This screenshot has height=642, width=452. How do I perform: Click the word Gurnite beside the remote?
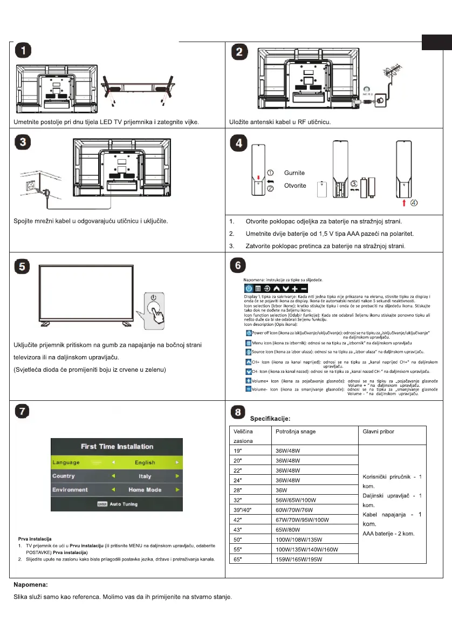coord(295,173)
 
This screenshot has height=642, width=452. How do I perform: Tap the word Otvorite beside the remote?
coord(295,186)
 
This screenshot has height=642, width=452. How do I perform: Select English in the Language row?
coord(145,462)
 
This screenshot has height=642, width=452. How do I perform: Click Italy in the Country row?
coord(145,476)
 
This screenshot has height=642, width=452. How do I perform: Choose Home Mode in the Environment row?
coord(145,490)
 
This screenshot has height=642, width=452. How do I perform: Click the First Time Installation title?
coord(117,447)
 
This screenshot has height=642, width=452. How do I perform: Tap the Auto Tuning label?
coord(124,504)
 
